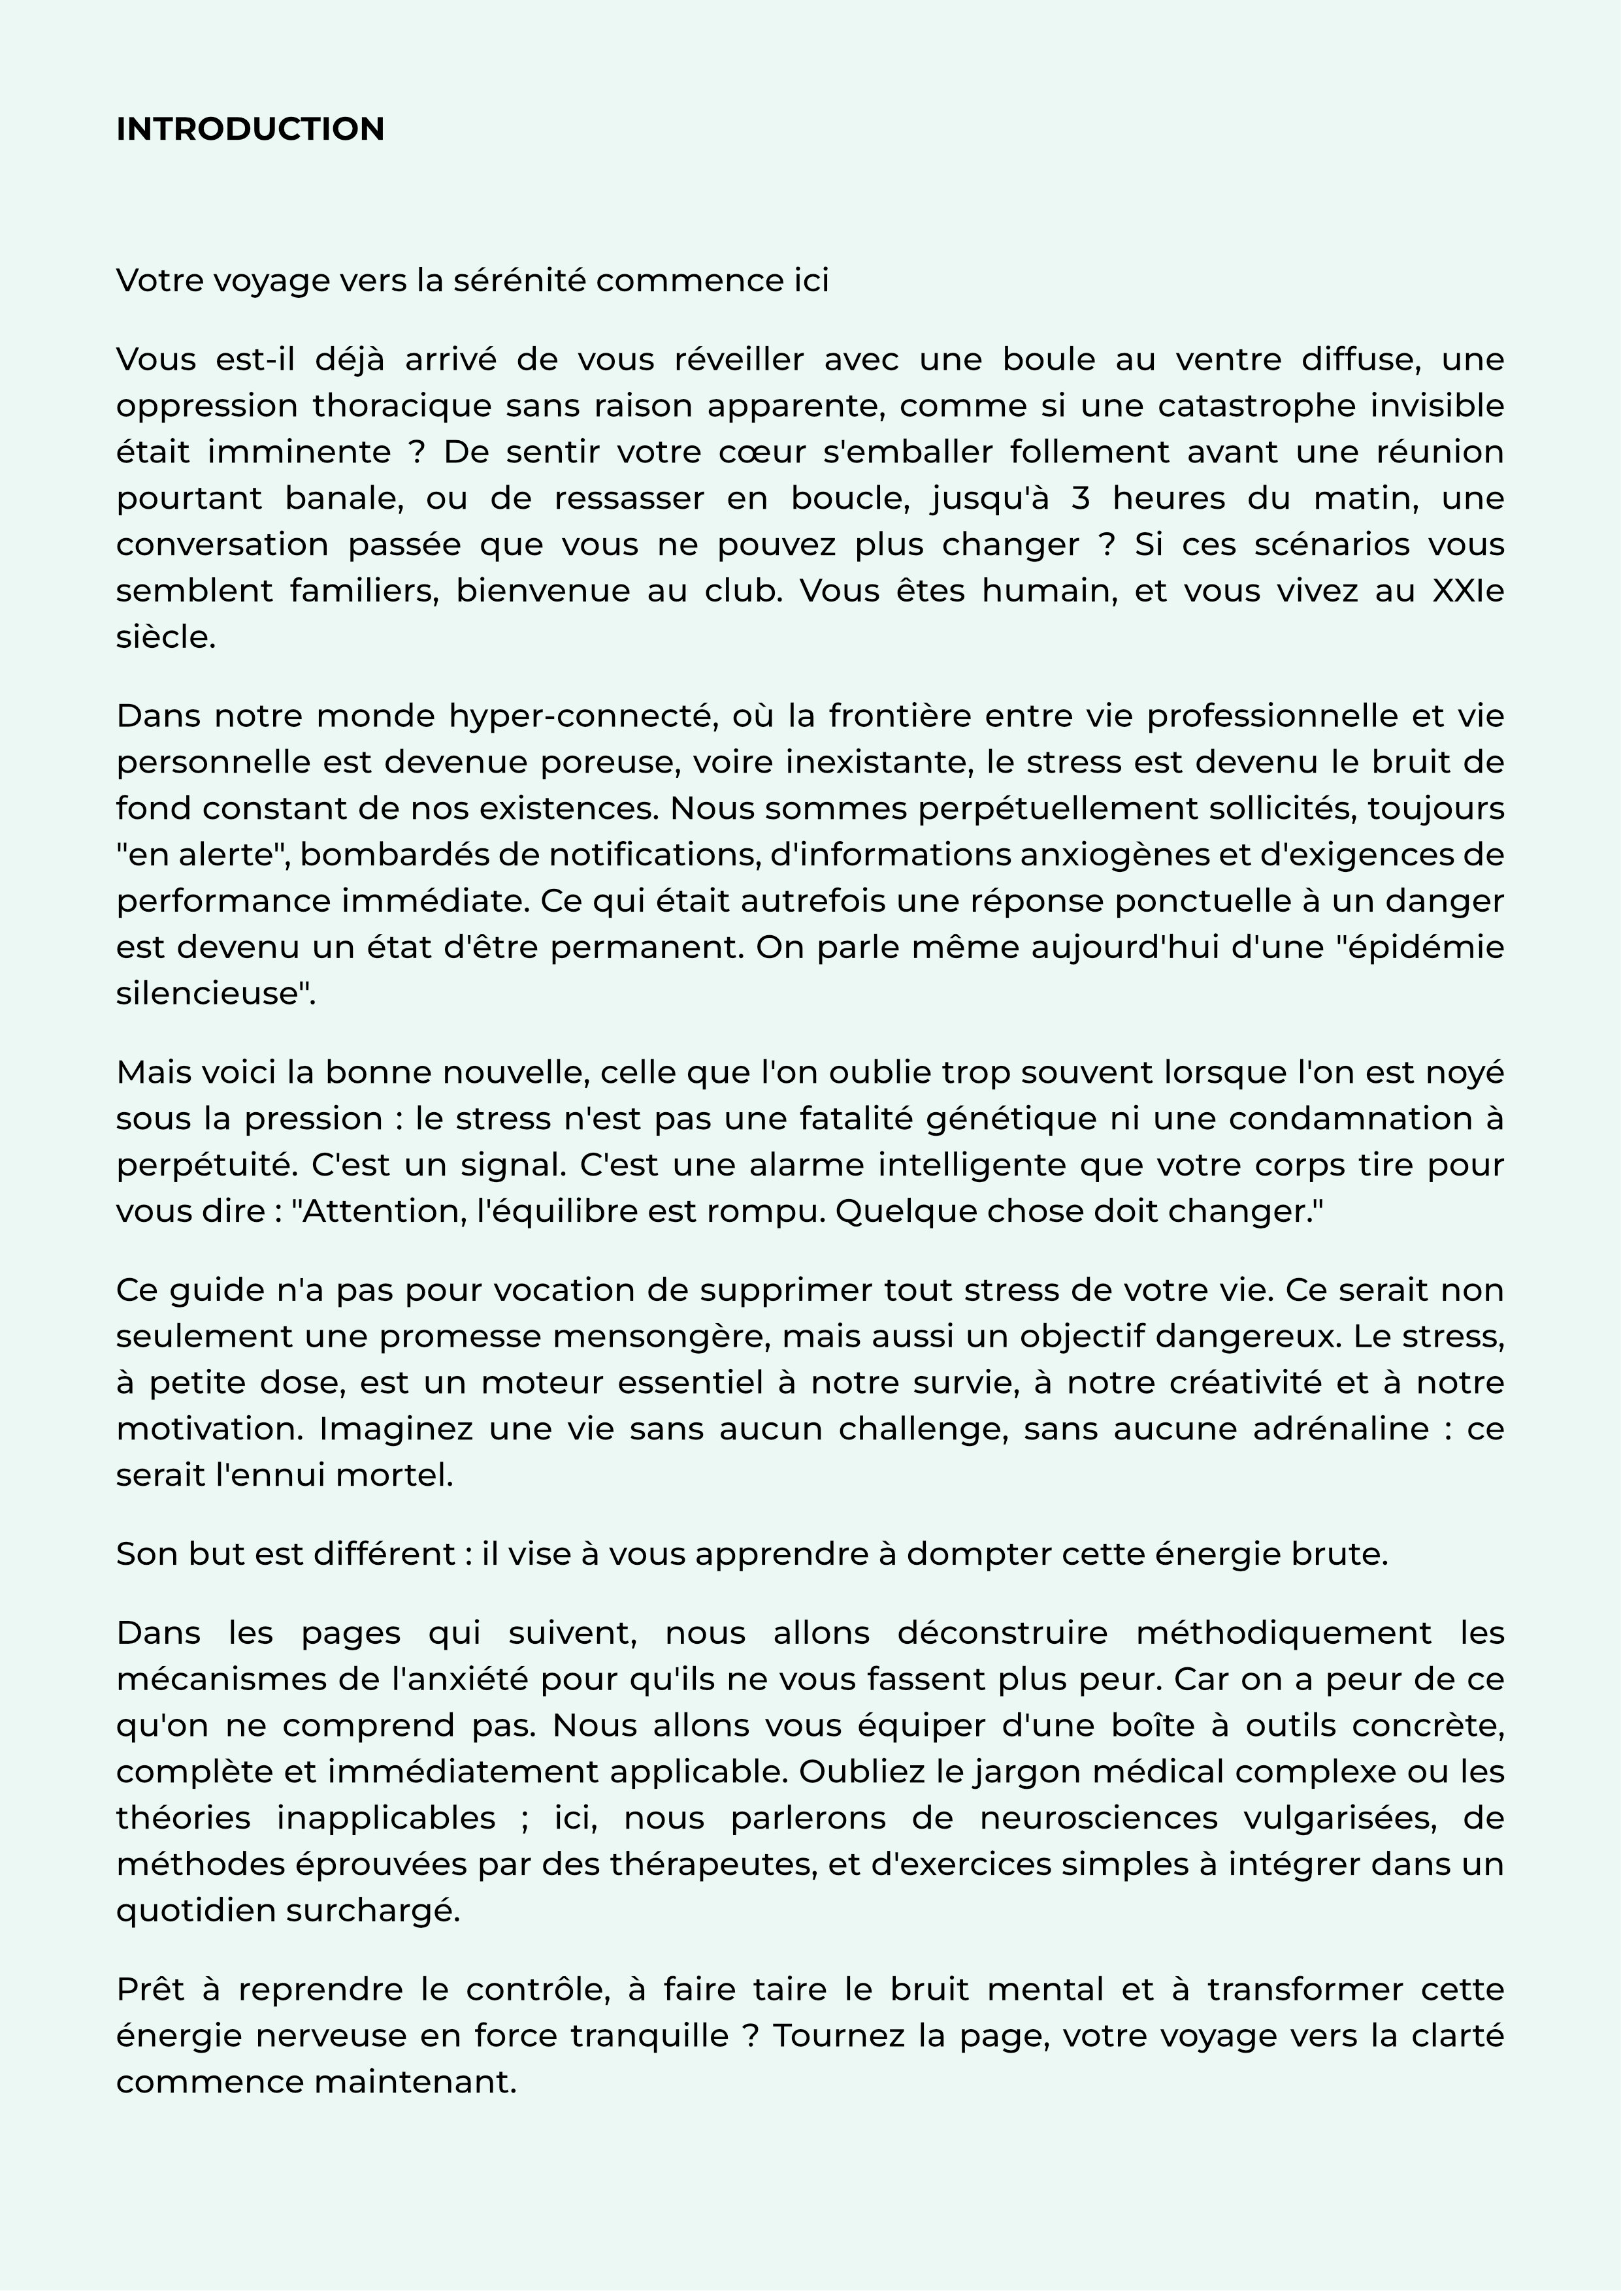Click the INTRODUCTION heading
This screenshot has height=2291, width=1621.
point(250,130)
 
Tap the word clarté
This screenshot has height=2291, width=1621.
point(1456,2036)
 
